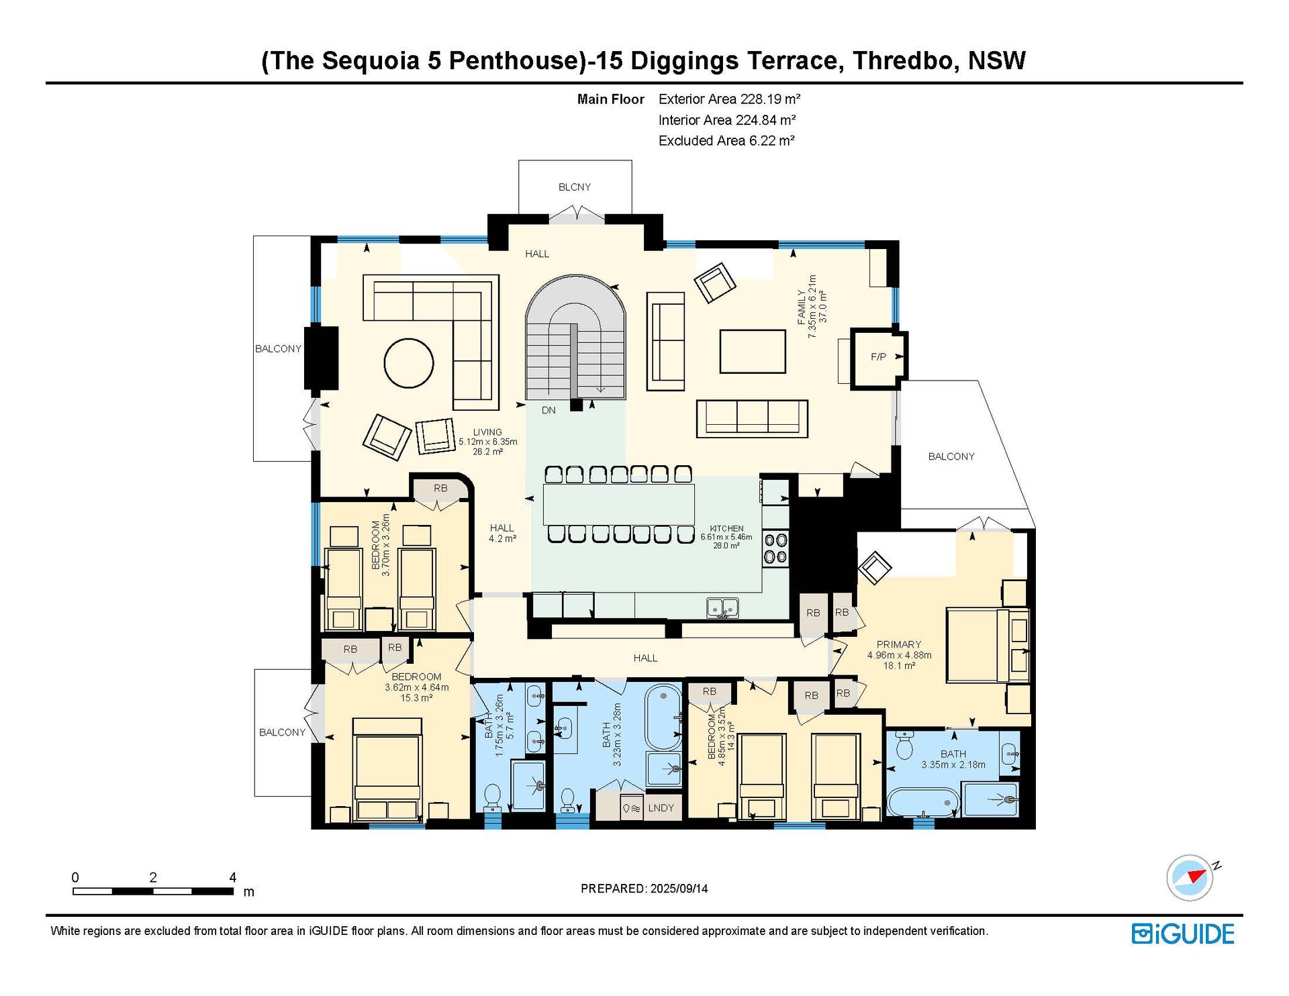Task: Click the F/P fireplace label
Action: coord(878,357)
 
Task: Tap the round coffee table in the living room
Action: coord(408,363)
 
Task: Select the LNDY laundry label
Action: coord(661,808)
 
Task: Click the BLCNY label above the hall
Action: coord(575,187)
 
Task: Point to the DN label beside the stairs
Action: coord(548,410)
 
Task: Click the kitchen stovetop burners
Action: coord(775,548)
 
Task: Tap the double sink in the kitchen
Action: coord(722,608)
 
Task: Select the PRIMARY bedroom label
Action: coord(899,644)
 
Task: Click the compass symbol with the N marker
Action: coord(1190,877)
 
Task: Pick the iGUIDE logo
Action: coord(1183,934)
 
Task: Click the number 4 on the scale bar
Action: coord(233,877)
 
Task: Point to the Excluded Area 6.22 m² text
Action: coord(726,141)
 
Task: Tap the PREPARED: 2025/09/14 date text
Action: coord(644,889)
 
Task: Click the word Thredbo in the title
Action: coord(903,60)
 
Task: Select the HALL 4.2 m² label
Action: coord(502,534)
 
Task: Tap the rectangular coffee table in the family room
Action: coord(753,351)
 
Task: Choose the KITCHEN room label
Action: coord(726,529)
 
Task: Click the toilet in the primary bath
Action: coord(904,744)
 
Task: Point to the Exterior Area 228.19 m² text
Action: coord(730,99)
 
